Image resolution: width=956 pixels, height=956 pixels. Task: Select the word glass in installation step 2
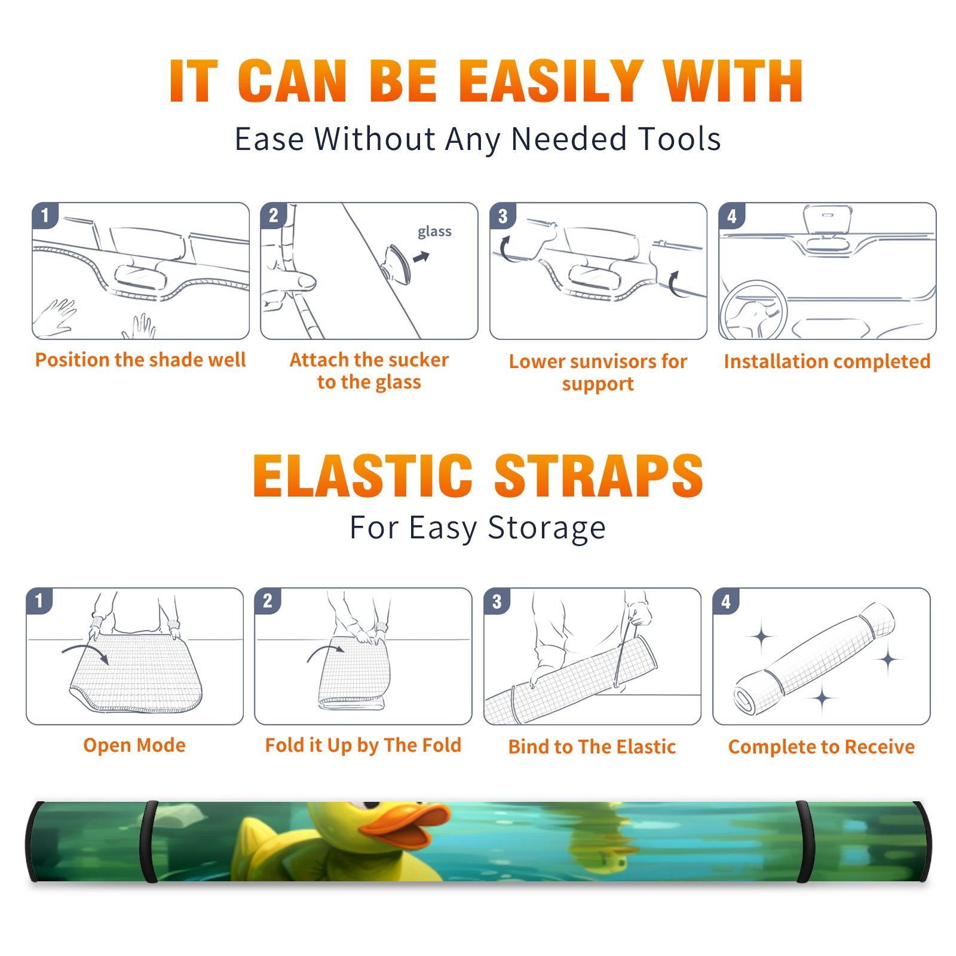tap(434, 232)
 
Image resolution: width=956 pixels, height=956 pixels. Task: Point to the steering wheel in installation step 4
tap(753, 310)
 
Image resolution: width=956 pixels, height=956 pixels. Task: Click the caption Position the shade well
tap(140, 360)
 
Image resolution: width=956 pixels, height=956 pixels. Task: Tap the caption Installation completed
tap(827, 361)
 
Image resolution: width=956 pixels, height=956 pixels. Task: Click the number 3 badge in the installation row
tap(502, 216)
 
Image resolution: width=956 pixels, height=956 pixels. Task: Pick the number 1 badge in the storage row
tap(39, 601)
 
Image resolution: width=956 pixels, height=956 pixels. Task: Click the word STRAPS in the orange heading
tap(599, 476)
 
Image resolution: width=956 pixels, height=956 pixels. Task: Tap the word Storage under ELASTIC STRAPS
tap(546, 528)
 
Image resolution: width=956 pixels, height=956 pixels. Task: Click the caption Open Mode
tap(134, 745)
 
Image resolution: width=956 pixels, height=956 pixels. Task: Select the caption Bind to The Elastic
tap(592, 747)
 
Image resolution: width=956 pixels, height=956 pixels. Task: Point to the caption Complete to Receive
tap(822, 747)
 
